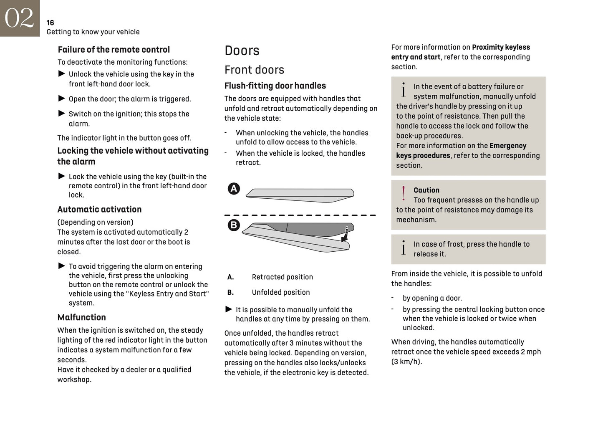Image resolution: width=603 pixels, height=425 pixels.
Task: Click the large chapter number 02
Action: pos(19,18)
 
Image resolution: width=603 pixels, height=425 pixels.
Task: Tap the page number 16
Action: pos(50,23)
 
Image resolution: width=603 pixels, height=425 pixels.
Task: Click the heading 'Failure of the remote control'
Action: pos(114,50)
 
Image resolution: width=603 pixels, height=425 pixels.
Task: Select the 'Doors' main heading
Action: pos(242,51)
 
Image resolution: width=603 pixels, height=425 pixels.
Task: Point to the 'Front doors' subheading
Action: pos(254,70)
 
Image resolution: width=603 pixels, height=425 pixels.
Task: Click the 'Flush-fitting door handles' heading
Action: pos(275,86)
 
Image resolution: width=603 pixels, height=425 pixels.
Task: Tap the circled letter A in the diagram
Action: pos(234,189)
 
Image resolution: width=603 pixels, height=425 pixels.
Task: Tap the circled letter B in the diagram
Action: pos(234,225)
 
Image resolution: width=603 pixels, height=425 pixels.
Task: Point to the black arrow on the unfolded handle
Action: pos(345,236)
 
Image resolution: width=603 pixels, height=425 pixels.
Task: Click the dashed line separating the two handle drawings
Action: pos(300,215)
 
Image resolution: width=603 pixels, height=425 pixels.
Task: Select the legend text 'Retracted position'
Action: pos(282,277)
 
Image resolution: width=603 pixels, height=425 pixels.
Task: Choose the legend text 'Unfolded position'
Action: pos(280,293)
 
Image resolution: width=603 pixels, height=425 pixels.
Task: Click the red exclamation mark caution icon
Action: pos(403,194)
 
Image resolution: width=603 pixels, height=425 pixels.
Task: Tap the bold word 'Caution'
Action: pos(426,190)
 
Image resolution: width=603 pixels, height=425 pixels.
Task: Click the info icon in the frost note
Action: pos(403,248)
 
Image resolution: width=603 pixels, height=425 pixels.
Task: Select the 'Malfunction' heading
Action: pos(81,317)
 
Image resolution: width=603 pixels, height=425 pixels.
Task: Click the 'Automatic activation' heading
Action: pos(99,210)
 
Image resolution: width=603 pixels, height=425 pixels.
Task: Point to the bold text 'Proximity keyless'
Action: pos(501,47)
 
